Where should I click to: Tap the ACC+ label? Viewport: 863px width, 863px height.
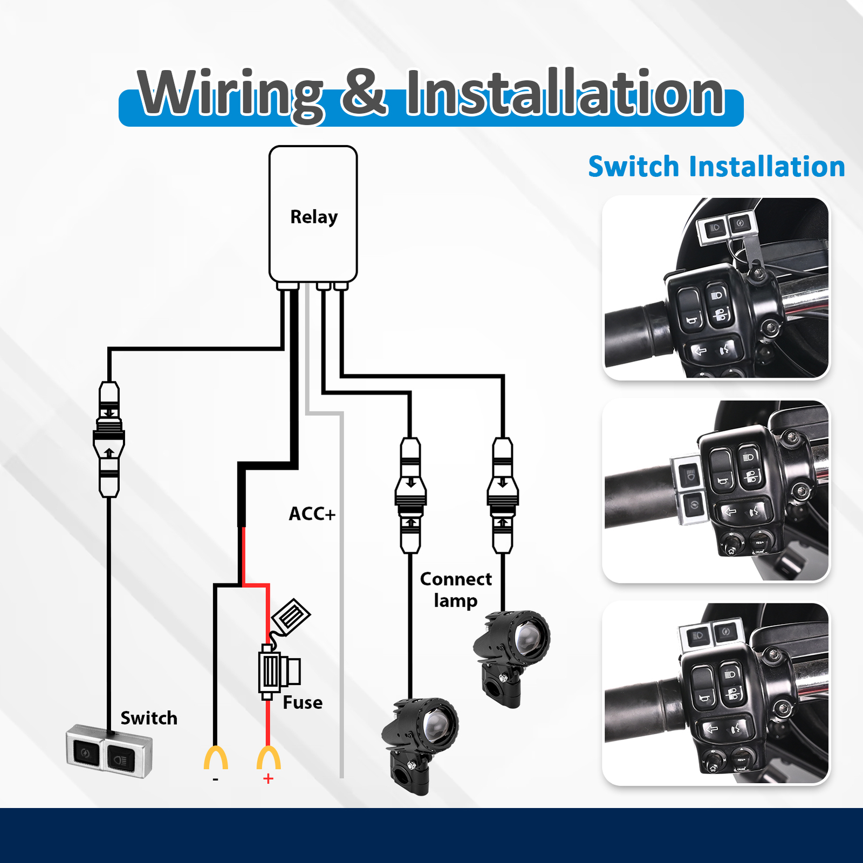[x=312, y=513]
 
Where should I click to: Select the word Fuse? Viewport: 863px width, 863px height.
[x=303, y=702]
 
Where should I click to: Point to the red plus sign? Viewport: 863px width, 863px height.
[x=268, y=779]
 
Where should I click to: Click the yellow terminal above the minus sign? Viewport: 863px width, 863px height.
[x=216, y=757]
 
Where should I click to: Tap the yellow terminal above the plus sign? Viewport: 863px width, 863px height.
[x=268, y=757]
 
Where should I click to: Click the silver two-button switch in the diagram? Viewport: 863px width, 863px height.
[x=109, y=751]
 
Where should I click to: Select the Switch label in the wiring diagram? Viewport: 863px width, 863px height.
[x=149, y=718]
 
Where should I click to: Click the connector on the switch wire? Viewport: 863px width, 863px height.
[x=109, y=439]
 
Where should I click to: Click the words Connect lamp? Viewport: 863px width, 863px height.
[x=456, y=590]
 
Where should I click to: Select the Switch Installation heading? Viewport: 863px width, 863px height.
[x=716, y=166]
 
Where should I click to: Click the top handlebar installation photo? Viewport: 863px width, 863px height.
[x=716, y=287]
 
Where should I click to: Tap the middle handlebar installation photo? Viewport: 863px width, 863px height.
[x=716, y=491]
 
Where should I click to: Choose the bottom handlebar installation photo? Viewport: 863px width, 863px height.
[x=716, y=693]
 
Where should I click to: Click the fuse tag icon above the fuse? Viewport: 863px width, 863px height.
[x=291, y=615]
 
